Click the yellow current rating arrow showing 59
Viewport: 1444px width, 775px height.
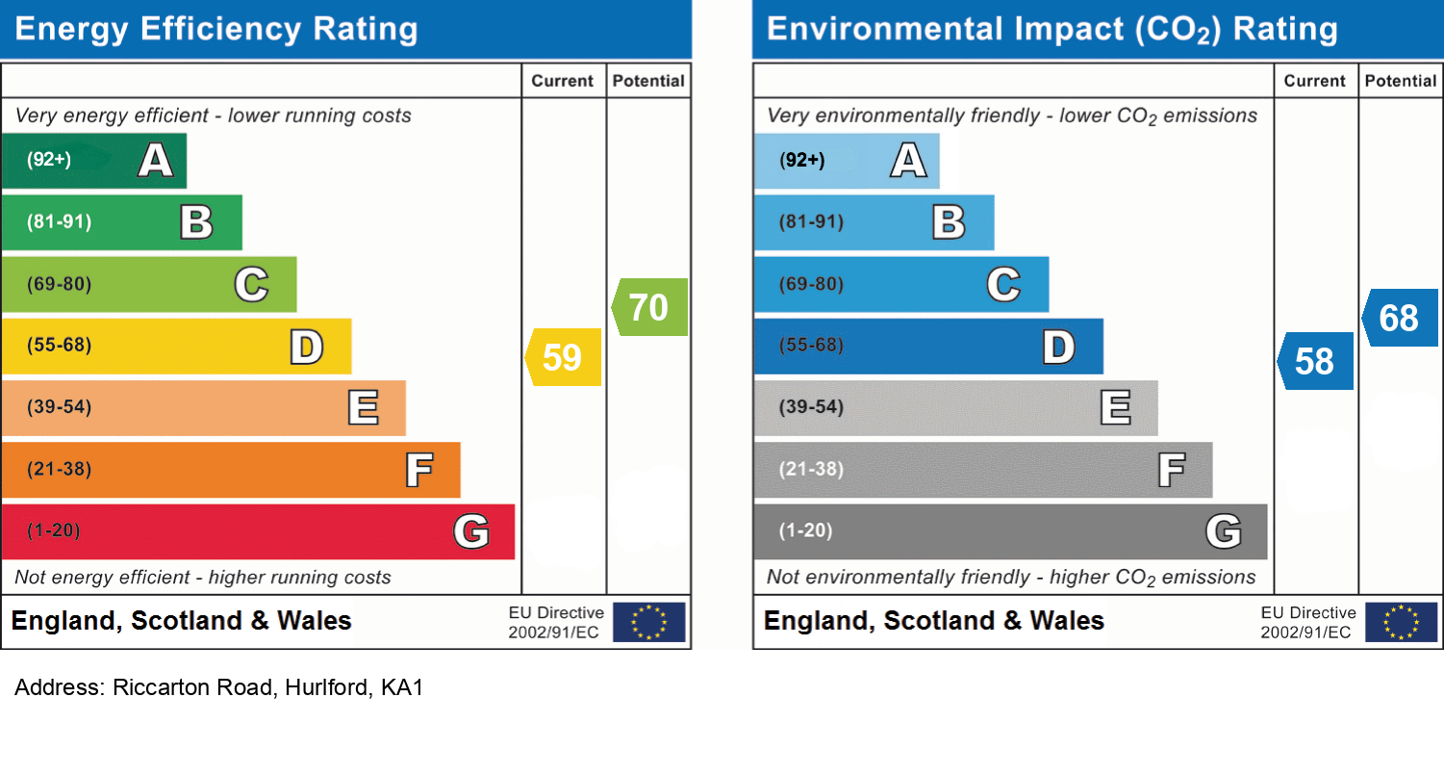pyautogui.click(x=564, y=357)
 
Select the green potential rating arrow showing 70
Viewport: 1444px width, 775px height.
pyautogui.click(x=650, y=307)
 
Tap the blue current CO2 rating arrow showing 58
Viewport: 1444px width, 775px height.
pyautogui.click(x=1316, y=361)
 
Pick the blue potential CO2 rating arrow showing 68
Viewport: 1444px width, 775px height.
pyautogui.click(x=1401, y=317)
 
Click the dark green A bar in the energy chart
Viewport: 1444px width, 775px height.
pyautogui.click(x=93, y=160)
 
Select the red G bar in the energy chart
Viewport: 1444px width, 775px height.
pyautogui.click(x=257, y=530)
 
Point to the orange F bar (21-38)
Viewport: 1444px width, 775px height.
pyautogui.click(x=230, y=469)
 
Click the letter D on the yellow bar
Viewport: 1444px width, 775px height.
pyautogui.click(x=307, y=347)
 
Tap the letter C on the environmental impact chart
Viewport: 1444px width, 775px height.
pyautogui.click(x=1003, y=285)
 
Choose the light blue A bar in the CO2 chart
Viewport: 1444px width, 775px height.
pyautogui.click(x=846, y=160)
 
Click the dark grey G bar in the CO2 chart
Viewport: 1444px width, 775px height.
pyautogui.click(x=1009, y=530)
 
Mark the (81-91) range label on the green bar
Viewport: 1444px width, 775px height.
pyautogui.click(x=60, y=222)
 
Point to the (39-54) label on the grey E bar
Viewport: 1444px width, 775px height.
pyautogui.click(x=812, y=407)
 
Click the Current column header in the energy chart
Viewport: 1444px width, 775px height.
pyautogui.click(x=563, y=81)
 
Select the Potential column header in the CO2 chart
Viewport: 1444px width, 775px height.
pyautogui.click(x=1401, y=81)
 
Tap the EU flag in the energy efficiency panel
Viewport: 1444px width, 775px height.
pyautogui.click(x=649, y=622)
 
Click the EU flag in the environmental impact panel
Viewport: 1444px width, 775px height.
pyautogui.click(x=1402, y=622)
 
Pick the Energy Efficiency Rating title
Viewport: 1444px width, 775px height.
pyautogui.click(x=216, y=29)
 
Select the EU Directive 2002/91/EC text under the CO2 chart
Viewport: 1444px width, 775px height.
pyautogui.click(x=1308, y=622)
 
